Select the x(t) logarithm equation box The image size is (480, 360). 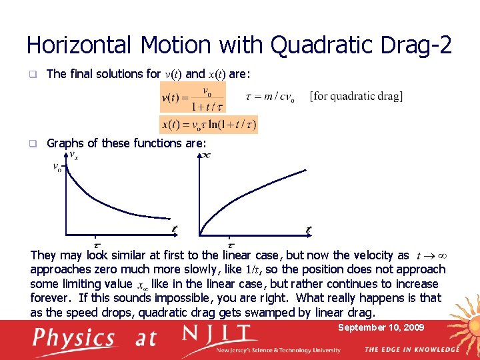pyautogui.click(x=209, y=125)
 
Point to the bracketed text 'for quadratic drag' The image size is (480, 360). pyautogui.click(x=356, y=96)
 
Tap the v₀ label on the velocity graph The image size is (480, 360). pyautogui.click(x=57, y=167)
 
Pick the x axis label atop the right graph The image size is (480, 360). pyautogui.click(x=207, y=155)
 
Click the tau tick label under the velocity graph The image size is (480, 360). pyautogui.click(x=96, y=245)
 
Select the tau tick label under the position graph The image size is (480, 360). pyautogui.click(x=231, y=245)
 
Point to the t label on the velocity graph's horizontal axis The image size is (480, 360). pyautogui.click(x=174, y=229)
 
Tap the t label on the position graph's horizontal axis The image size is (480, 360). pyautogui.click(x=308, y=230)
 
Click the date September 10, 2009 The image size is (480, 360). pyautogui.click(x=381, y=327)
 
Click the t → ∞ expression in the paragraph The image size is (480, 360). pyautogui.click(x=431, y=255)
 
